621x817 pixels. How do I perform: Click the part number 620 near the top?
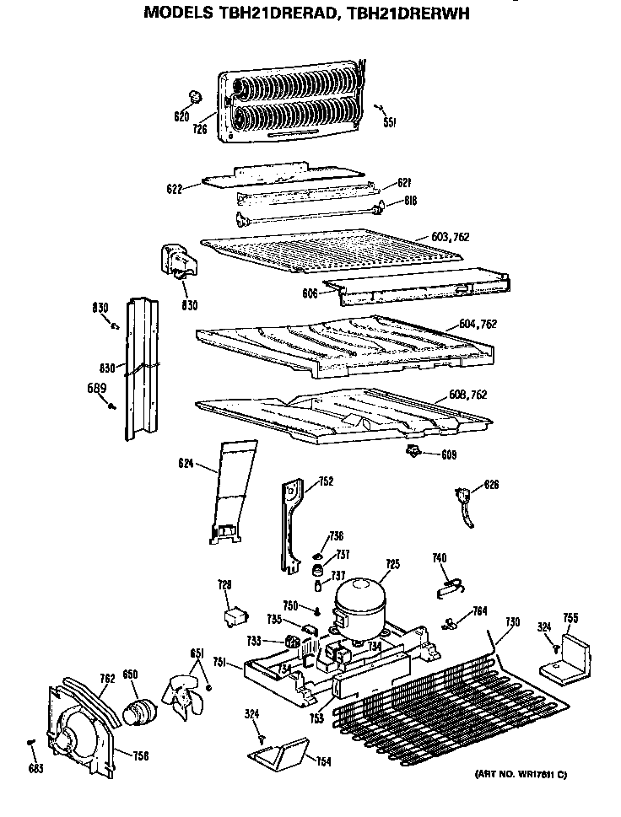[181, 116]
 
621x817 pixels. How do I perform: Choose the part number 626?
[491, 485]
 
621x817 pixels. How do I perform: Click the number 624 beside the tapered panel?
[186, 462]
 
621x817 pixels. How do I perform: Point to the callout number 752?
[326, 482]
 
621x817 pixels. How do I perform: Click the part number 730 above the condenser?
[512, 621]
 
